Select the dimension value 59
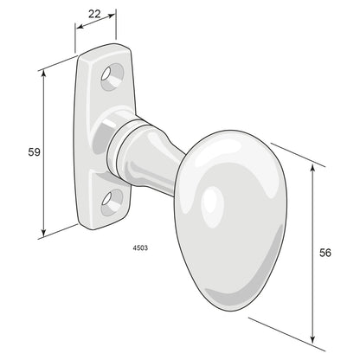34,152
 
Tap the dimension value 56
325,253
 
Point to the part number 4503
139,247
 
